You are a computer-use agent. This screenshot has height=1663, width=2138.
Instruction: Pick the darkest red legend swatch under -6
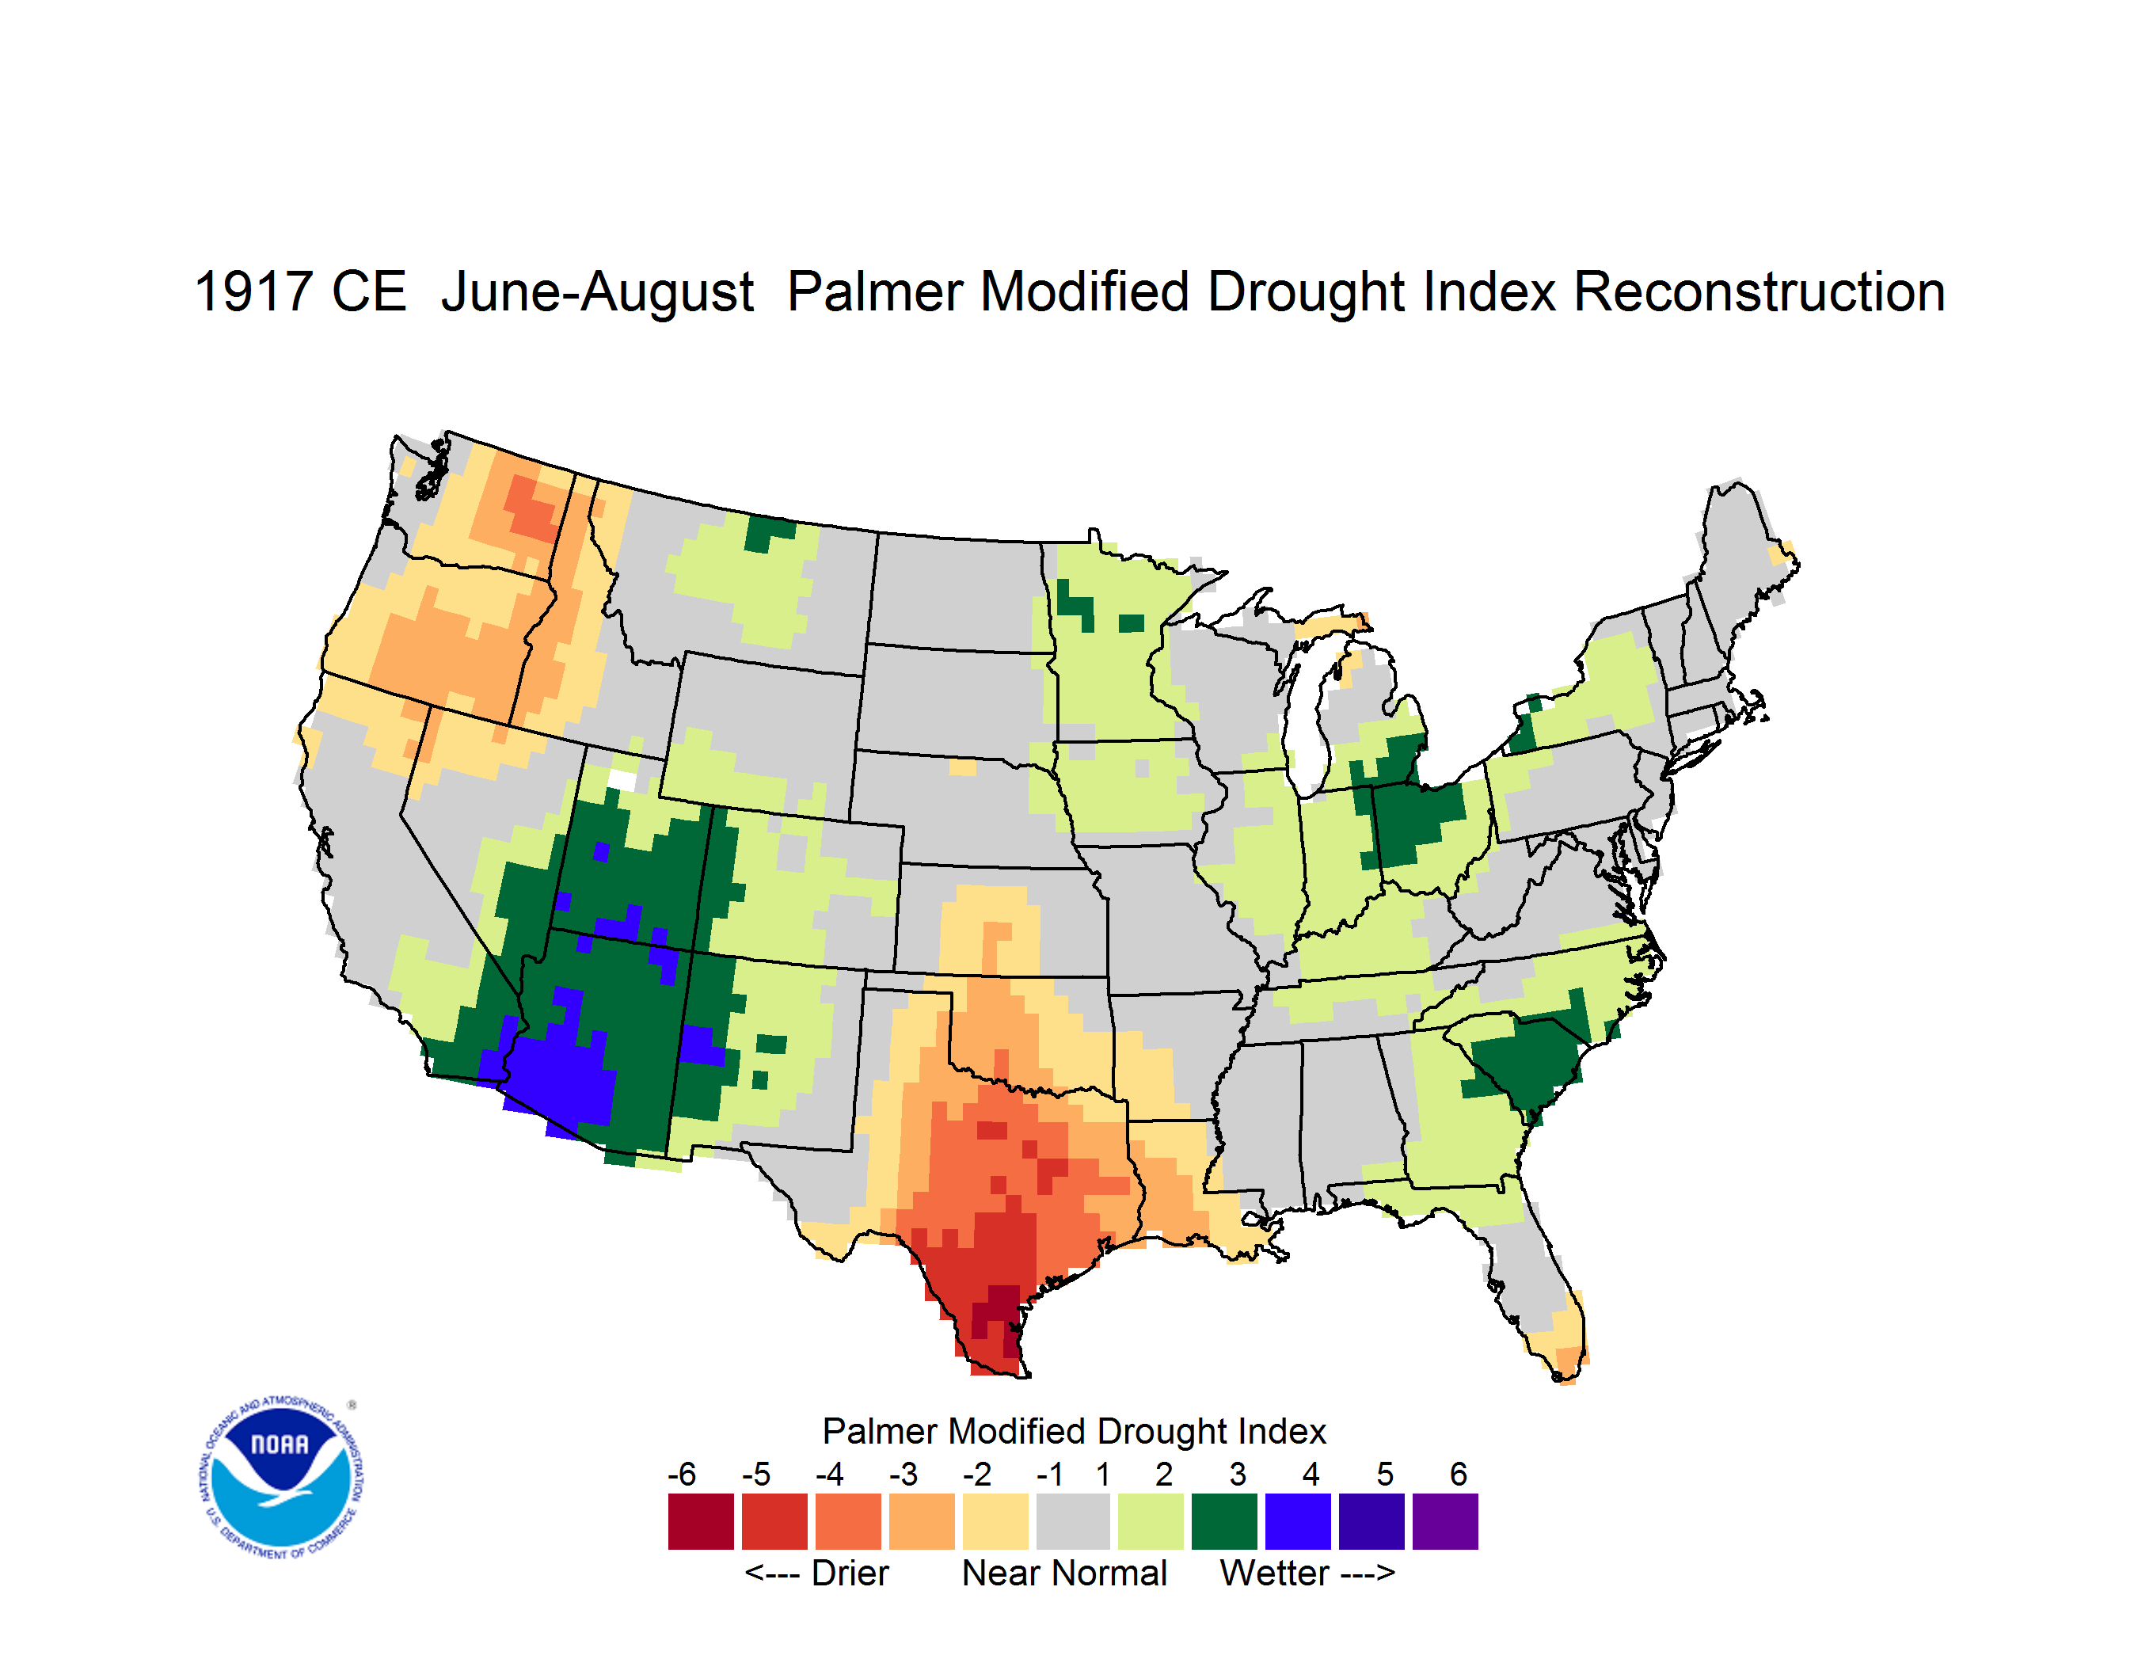701,1521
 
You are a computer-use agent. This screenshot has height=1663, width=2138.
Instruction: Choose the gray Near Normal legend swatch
1073,1521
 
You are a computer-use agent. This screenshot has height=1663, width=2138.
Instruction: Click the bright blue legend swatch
1297,1521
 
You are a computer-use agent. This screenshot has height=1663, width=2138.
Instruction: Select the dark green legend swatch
1223,1521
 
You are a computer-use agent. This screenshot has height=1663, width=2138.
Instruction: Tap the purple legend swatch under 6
1445,1521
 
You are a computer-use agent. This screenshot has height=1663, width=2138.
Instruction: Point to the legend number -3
903,1474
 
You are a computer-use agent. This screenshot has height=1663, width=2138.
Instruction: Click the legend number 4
1311,1474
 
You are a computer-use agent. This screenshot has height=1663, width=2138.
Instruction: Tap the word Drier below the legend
850,1573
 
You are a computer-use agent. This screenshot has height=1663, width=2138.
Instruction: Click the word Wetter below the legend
1273,1573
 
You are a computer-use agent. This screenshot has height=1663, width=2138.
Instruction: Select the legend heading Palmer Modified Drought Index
1074,1431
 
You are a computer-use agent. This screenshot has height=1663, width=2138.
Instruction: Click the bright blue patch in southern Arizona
558,1077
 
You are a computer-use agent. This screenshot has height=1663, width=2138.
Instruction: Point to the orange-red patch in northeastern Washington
531,507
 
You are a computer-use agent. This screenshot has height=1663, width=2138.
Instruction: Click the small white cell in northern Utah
622,779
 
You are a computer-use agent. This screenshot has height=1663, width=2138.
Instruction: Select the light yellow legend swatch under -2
995,1521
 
